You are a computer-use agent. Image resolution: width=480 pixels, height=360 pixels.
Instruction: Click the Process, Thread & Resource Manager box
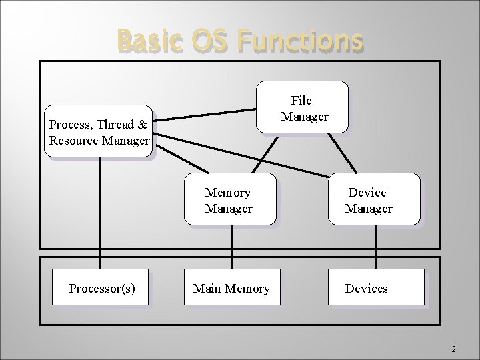(x=98, y=131)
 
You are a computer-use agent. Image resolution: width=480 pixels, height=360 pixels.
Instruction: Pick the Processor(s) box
(x=101, y=288)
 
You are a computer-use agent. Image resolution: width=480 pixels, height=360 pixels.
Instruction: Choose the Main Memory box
(x=231, y=288)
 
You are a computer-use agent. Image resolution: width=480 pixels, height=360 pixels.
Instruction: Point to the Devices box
(x=375, y=288)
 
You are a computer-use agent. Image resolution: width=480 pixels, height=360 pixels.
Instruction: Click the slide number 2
(x=453, y=349)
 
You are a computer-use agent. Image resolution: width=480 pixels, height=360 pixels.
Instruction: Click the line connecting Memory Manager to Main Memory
(x=232, y=247)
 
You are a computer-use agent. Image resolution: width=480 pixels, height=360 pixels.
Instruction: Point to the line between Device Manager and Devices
(x=375, y=247)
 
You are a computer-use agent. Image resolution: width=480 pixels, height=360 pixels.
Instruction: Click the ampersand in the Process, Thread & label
(x=142, y=125)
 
